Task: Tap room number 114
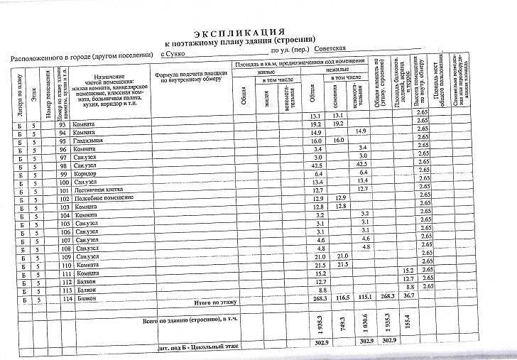(67, 298)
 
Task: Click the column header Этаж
(35, 93)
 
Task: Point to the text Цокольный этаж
(216, 347)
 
